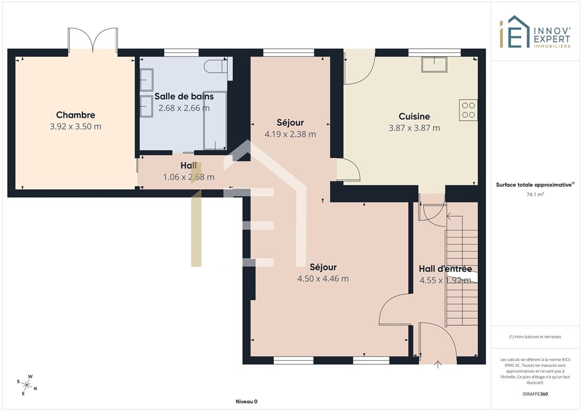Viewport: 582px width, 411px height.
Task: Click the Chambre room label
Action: (x=75, y=115)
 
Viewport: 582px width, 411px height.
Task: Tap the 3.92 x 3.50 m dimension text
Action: (x=75, y=126)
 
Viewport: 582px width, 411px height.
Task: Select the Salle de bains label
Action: (x=184, y=97)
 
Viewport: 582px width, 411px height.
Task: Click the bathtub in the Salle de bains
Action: (x=215, y=120)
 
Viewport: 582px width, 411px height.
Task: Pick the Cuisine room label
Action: (x=414, y=117)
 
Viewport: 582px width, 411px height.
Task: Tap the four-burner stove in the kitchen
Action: (x=468, y=110)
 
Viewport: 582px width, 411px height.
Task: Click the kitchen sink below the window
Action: (x=434, y=65)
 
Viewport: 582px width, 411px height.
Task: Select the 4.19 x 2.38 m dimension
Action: (x=290, y=134)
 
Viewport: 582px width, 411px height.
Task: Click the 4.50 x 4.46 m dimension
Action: (x=323, y=278)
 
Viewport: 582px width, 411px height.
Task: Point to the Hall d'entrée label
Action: (x=446, y=269)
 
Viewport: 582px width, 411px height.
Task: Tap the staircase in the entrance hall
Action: (x=462, y=271)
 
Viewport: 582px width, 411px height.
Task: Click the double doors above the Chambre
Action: (x=93, y=39)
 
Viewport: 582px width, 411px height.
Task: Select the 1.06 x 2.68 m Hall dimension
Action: (x=188, y=177)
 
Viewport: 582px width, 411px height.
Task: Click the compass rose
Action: (x=27, y=385)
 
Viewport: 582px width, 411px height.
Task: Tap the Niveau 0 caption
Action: (x=246, y=402)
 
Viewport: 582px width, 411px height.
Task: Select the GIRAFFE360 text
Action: (x=535, y=394)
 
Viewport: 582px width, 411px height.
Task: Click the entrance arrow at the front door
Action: (x=438, y=365)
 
